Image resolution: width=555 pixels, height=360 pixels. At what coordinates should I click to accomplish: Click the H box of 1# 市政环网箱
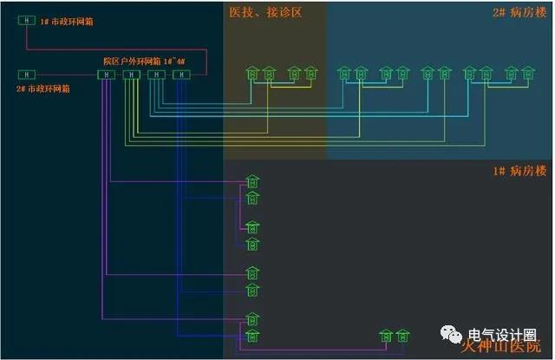tap(28, 20)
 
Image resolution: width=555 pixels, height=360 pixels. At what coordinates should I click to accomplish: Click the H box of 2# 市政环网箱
tap(28, 75)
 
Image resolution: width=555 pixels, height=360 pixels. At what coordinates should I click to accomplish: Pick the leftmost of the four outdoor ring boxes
tap(106, 75)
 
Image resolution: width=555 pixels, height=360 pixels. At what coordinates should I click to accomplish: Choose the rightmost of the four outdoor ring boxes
tap(181, 75)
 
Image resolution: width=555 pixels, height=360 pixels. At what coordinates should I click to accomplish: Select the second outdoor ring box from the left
tap(130, 75)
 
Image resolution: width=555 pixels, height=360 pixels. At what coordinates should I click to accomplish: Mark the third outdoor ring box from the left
tap(156, 75)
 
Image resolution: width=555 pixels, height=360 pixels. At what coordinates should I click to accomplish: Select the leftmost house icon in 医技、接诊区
tap(251, 74)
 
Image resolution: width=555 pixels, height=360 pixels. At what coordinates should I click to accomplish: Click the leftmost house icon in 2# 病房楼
tap(344, 74)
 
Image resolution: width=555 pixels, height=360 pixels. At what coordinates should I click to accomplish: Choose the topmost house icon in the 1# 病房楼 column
tap(252, 182)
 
